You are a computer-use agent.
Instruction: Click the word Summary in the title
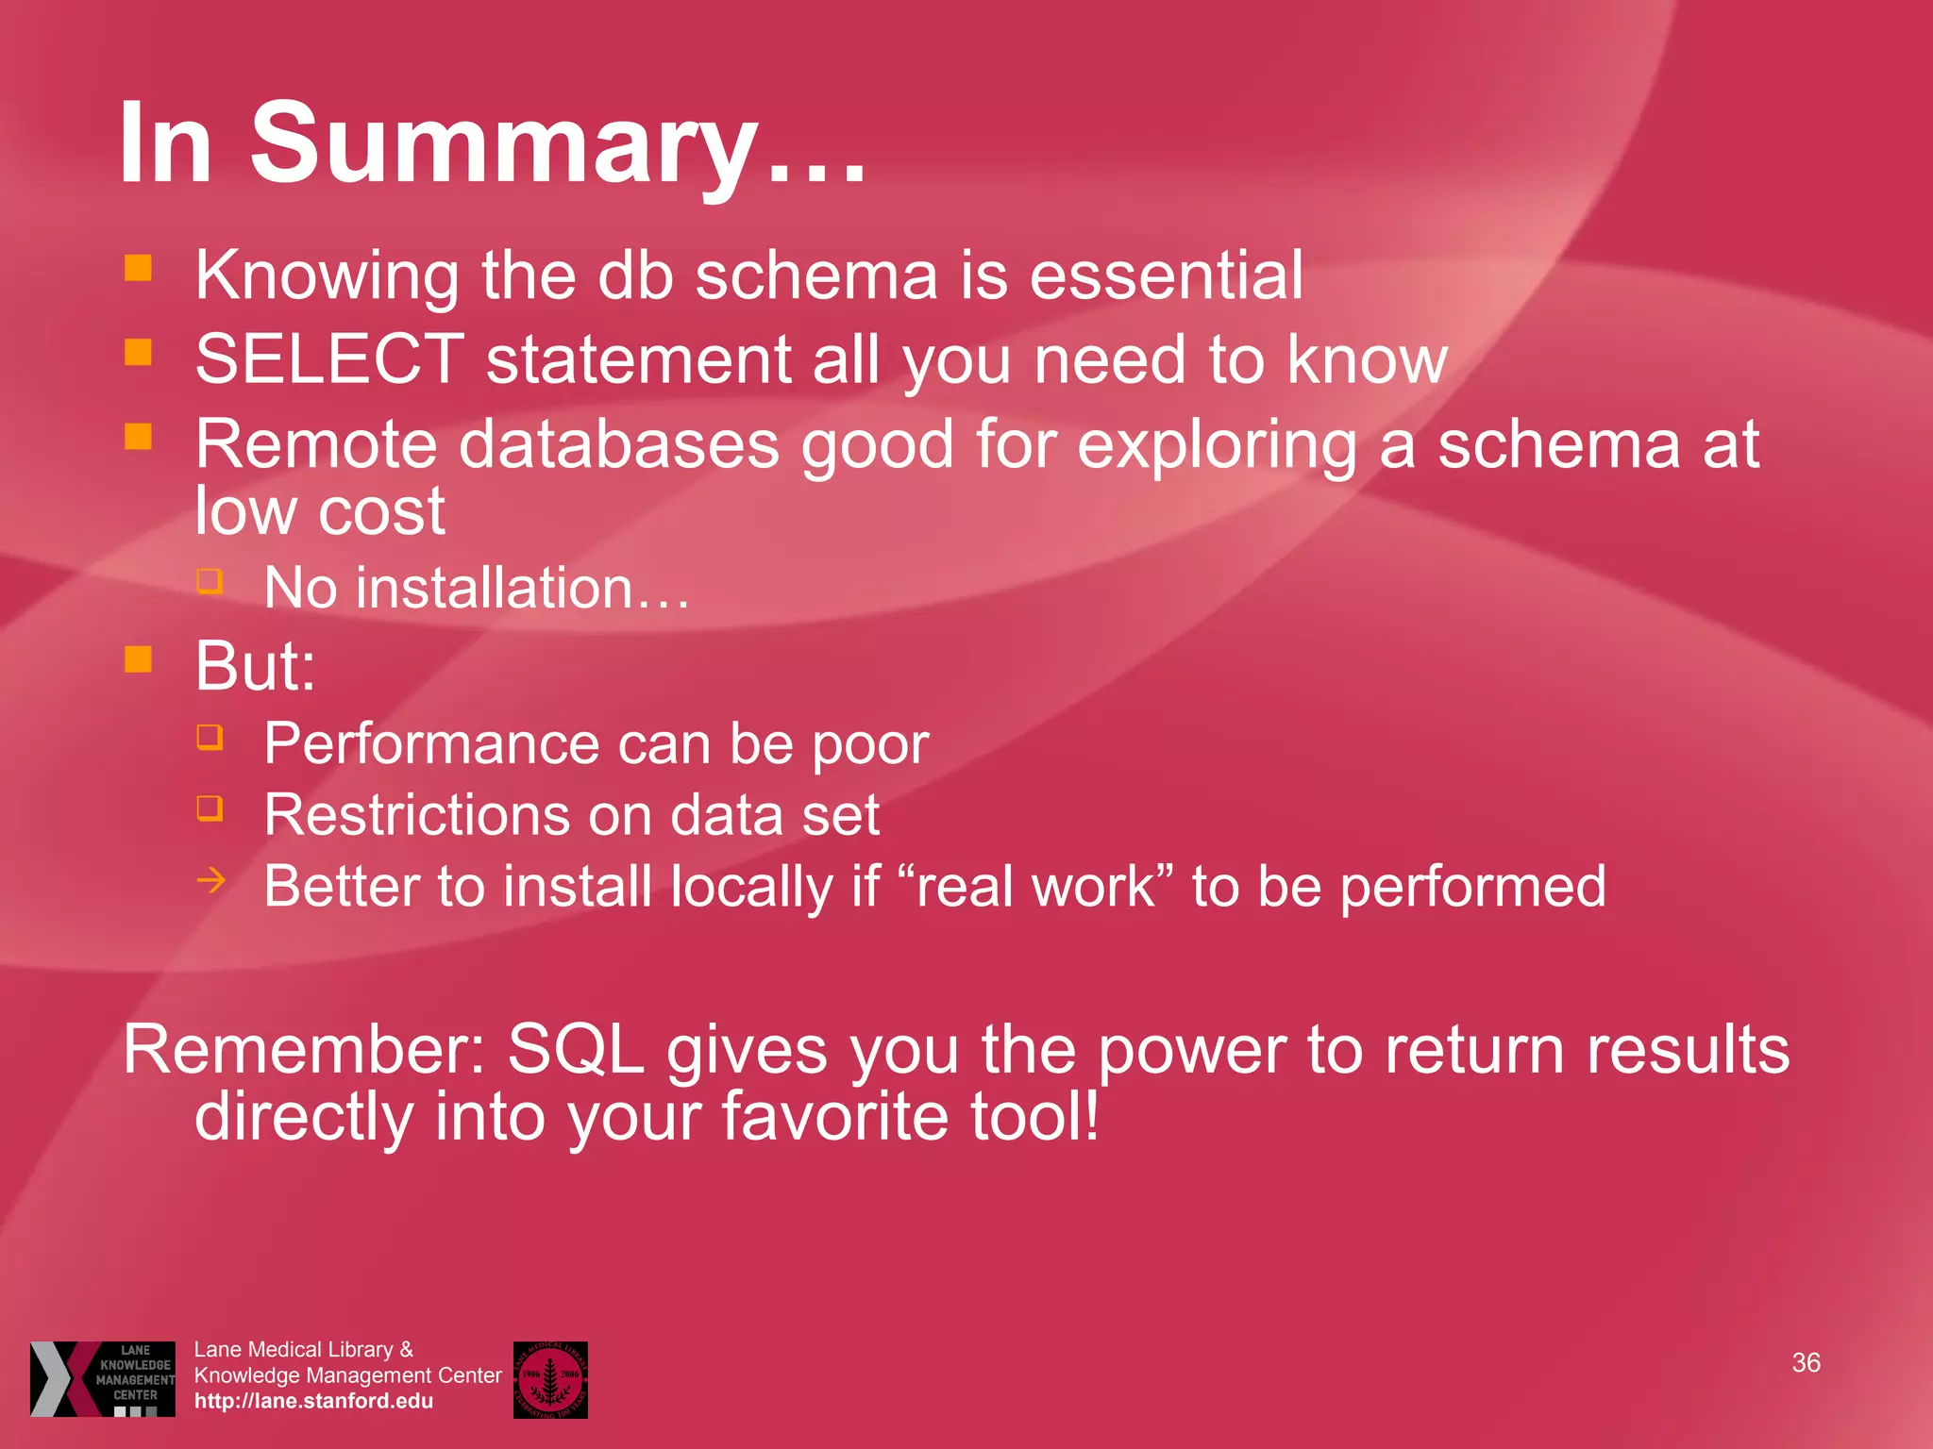pos(505,143)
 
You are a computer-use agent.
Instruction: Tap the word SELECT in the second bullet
pos(329,359)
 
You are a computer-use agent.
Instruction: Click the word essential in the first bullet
pos(1166,275)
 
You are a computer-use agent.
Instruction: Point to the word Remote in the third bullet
pos(315,443)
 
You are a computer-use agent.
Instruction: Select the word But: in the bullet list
pos(255,666)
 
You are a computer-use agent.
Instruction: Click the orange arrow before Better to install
pos(211,881)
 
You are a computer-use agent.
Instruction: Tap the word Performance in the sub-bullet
pos(429,744)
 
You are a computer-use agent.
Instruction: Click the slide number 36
pos(1806,1363)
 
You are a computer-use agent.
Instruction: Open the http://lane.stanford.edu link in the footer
pos(313,1401)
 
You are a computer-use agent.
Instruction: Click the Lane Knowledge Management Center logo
pos(102,1378)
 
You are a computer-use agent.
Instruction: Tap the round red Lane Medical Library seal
pos(550,1379)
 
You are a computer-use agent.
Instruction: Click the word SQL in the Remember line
pos(576,1050)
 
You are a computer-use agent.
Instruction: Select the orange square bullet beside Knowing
pos(139,268)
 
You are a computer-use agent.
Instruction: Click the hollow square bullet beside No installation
pos(210,580)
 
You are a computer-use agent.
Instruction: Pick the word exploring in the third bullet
pos(1218,443)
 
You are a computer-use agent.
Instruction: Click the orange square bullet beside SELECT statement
pos(139,353)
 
